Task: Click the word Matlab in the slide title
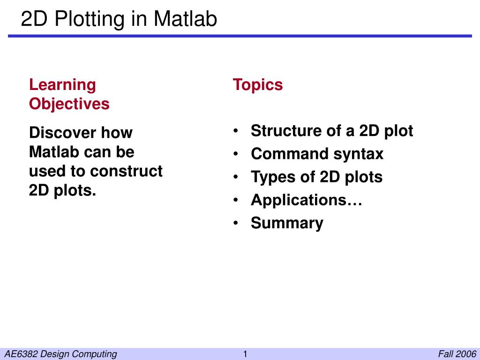[185, 19]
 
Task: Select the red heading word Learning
[62, 86]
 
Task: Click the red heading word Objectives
[69, 104]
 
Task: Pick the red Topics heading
[258, 85]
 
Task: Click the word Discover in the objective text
[62, 133]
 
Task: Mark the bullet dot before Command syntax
[235, 154]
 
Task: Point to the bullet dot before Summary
[235, 223]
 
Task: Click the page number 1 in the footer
[245, 354]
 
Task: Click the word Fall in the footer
[446, 354]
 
